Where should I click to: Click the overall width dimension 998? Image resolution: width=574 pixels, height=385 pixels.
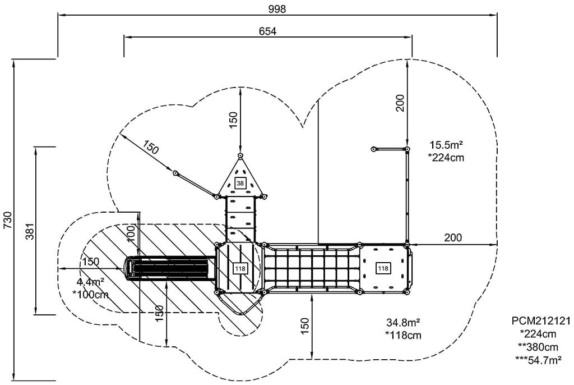277,8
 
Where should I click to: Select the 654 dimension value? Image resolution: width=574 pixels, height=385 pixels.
267,31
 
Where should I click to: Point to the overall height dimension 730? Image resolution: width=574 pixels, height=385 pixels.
7,221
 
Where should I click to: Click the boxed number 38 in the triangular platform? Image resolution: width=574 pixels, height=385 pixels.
240,184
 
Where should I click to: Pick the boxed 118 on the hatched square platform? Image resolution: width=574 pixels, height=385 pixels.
240,269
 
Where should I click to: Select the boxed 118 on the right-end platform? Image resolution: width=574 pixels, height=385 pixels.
383,269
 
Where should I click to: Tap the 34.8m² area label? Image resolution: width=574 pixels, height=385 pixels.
404,323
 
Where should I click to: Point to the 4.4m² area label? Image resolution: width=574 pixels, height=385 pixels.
90,282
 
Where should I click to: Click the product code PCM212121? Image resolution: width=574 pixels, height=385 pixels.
540,321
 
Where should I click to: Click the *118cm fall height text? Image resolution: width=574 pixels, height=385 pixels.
403,336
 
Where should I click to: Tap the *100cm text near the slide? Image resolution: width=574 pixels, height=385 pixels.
91,294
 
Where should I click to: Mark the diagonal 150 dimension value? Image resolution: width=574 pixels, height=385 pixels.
150,147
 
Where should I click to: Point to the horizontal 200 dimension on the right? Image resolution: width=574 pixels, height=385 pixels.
453,238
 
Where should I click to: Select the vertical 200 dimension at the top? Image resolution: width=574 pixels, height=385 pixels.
400,103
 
